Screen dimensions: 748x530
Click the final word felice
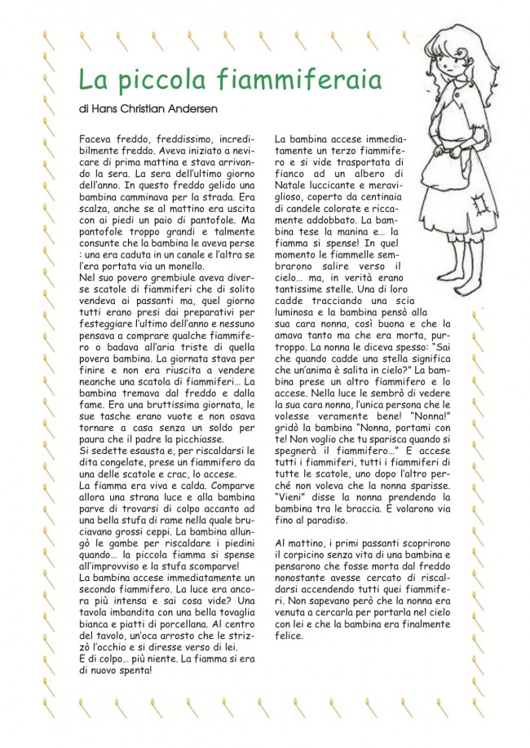[289, 636]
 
